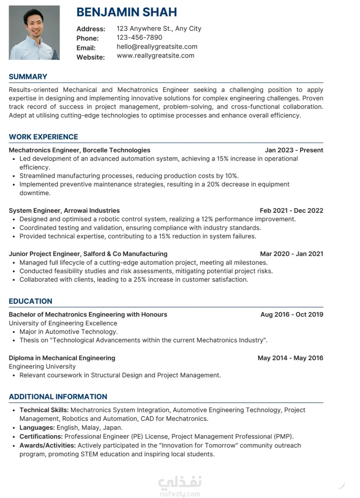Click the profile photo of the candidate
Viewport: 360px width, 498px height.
click(34, 33)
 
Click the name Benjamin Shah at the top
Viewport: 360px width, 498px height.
click(126, 12)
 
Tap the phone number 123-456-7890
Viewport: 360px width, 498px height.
click(139, 38)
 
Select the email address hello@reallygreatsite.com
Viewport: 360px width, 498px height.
click(157, 47)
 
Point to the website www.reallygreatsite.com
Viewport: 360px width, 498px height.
click(155, 56)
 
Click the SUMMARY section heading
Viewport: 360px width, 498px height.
click(28, 77)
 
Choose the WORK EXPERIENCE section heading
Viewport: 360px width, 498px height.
click(43, 137)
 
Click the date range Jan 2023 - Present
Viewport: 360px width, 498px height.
click(294, 150)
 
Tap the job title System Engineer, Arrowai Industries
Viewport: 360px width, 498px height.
click(64, 211)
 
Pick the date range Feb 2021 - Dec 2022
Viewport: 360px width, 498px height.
click(291, 211)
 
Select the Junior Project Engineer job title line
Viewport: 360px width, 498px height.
click(88, 254)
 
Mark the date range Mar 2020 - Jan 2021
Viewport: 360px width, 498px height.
click(291, 254)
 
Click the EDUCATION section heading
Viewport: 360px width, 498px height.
click(30, 302)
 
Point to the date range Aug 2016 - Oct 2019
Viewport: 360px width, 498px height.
click(291, 314)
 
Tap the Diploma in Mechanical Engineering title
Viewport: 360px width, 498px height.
click(62, 358)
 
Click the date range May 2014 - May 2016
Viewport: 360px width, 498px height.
click(290, 358)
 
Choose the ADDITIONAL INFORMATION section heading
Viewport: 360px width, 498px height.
click(58, 397)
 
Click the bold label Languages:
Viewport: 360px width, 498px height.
click(37, 428)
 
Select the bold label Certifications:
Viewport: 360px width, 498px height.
click(41, 437)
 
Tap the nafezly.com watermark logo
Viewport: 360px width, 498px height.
click(180, 487)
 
